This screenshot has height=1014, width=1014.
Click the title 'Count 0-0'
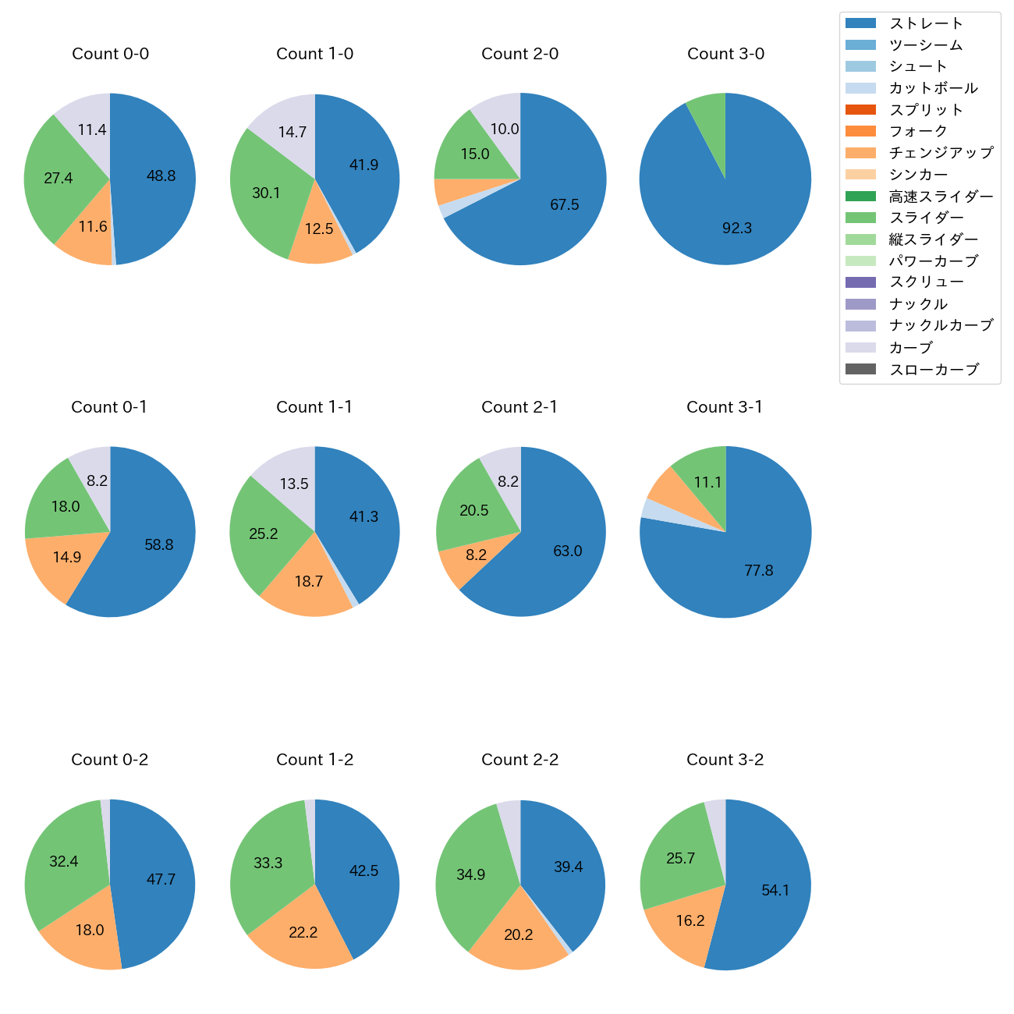pyautogui.click(x=110, y=54)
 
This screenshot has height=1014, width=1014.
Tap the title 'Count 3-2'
pyautogui.click(x=725, y=760)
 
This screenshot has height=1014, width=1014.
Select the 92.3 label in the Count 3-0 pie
pyautogui.click(x=737, y=228)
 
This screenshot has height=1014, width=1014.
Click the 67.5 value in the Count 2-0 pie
pyautogui.click(x=565, y=204)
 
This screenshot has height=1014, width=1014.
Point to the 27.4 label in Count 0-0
pyautogui.click(x=58, y=178)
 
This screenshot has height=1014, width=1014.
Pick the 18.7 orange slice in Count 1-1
pyautogui.click(x=309, y=582)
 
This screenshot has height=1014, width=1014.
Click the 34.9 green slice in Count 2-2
pyautogui.click(x=471, y=874)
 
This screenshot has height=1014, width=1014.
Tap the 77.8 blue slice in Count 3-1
pyautogui.click(x=758, y=570)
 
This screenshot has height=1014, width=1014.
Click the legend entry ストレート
pyautogui.click(x=926, y=23)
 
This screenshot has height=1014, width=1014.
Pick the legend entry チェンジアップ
pyautogui.click(x=941, y=153)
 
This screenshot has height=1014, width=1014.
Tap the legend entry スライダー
pyautogui.click(x=926, y=218)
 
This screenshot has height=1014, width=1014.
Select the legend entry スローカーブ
pyautogui.click(x=934, y=370)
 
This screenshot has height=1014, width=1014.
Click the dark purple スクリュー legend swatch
pyautogui.click(x=860, y=282)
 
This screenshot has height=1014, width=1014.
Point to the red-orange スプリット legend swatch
pyautogui.click(x=860, y=110)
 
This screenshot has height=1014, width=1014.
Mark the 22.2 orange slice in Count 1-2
pyautogui.click(x=303, y=932)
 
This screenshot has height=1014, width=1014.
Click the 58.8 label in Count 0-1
pyautogui.click(x=159, y=544)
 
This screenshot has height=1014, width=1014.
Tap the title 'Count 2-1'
pyautogui.click(x=519, y=407)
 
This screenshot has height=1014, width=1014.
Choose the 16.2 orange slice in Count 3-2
pyautogui.click(x=690, y=921)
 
